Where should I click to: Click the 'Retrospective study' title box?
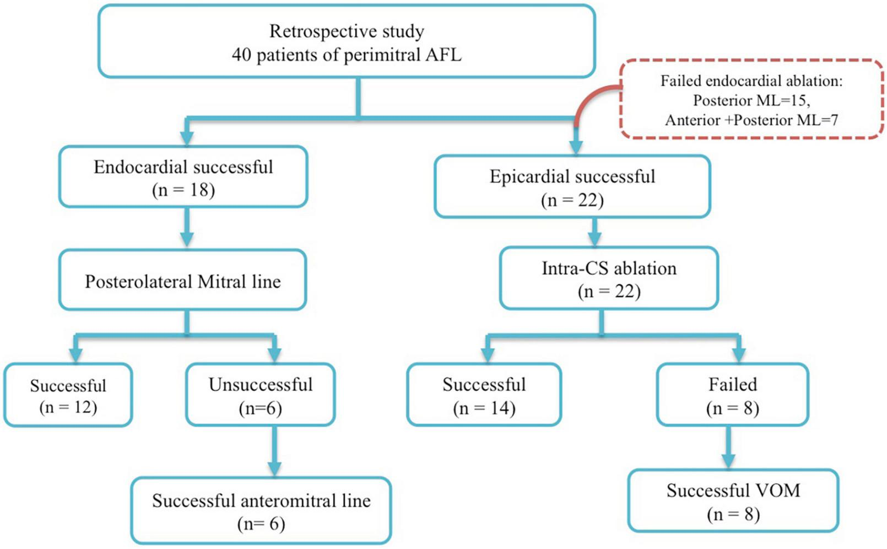[x=347, y=42]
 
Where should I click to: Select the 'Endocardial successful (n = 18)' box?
[x=183, y=177]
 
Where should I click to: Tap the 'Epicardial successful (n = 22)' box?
[x=572, y=187]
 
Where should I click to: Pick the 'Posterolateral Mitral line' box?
[x=182, y=281]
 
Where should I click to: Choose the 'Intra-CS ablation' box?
[x=609, y=278]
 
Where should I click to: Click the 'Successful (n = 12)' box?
[x=68, y=395]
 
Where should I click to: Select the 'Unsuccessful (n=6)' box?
[x=260, y=395]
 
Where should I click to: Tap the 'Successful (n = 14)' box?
[x=484, y=395]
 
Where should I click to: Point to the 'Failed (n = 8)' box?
[x=732, y=395]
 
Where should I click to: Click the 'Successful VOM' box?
[x=733, y=501]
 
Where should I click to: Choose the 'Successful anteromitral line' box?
[x=261, y=511]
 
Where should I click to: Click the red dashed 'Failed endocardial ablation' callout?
[x=751, y=100]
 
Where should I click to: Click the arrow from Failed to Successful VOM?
[x=729, y=448]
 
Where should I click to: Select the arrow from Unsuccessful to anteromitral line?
[x=274, y=451]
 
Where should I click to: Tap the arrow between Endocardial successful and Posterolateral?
[x=187, y=228]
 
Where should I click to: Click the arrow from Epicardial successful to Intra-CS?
[x=594, y=232]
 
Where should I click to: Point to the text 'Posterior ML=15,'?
[x=751, y=100]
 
